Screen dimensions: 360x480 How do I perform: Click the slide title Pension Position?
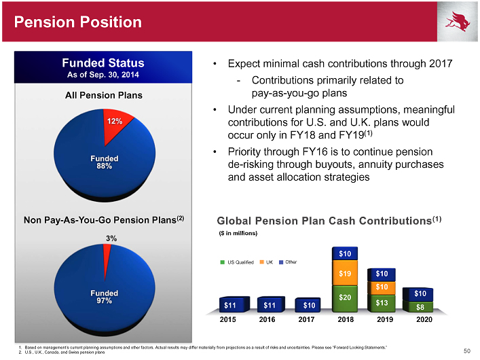[x=72, y=22]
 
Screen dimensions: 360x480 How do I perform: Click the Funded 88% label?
[x=105, y=163]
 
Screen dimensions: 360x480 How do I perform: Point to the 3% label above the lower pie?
[x=110, y=238]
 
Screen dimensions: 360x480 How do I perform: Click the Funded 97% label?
[x=105, y=297]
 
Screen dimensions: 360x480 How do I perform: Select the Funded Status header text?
[x=105, y=64]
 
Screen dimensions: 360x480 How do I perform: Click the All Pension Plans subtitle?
[x=104, y=95]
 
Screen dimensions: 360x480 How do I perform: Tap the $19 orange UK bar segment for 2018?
[x=344, y=274]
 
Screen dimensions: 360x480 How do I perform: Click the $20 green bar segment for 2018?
[x=344, y=296]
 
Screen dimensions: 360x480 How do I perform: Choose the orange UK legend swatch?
[x=260, y=262]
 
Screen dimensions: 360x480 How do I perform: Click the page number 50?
[x=466, y=350]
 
